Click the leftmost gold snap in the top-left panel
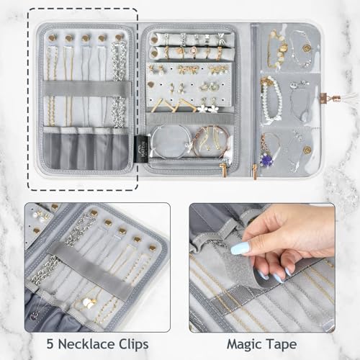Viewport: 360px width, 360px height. click(53, 37)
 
